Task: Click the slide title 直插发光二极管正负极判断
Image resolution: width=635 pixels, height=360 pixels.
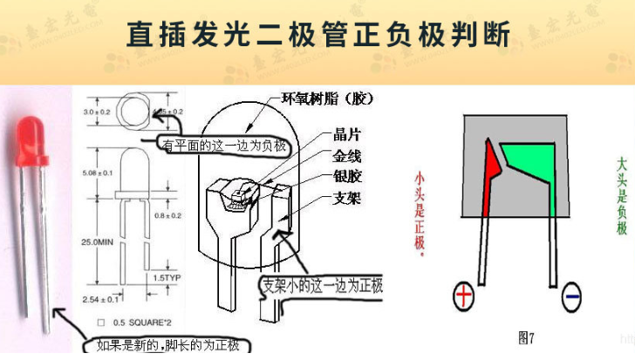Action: click(317, 34)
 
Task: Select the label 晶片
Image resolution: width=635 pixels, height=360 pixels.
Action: click(347, 135)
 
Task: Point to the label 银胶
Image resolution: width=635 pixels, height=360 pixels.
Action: click(347, 177)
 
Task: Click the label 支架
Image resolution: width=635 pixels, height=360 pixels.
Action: click(347, 198)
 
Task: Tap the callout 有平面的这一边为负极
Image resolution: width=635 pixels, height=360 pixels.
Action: click(224, 146)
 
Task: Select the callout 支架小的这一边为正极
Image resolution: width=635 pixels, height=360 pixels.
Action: click(323, 285)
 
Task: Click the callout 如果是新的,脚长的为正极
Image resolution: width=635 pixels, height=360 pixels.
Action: click(167, 346)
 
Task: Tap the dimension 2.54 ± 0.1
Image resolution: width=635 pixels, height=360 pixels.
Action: click(100, 299)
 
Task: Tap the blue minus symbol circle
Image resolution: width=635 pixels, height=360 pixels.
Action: click(571, 299)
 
